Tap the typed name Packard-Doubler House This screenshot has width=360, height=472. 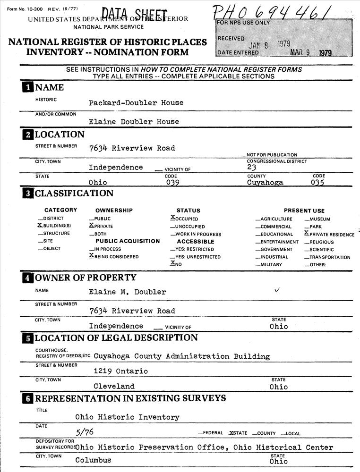point(136,103)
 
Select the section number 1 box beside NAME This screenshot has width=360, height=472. point(29,87)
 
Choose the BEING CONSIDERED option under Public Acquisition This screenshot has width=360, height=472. point(114,257)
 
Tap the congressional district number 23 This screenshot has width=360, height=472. point(251,167)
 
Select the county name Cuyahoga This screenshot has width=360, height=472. point(265,182)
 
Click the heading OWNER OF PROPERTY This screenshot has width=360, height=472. point(86,278)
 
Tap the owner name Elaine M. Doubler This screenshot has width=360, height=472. point(128,292)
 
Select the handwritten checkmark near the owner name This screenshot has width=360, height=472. point(277,290)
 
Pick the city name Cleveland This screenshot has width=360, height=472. point(114,386)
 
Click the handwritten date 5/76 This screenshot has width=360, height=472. point(85,431)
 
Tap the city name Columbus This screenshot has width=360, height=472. point(93,460)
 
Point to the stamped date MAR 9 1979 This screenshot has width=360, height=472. point(312,53)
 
